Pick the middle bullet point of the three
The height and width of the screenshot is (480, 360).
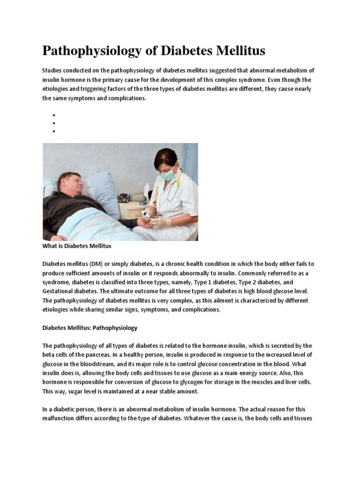pyautogui.click(x=54, y=123)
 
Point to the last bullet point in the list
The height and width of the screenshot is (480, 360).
pyautogui.click(x=54, y=131)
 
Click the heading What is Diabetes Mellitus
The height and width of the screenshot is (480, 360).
pyautogui.click(x=77, y=246)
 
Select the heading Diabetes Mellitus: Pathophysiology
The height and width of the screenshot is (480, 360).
pyautogui.click(x=90, y=328)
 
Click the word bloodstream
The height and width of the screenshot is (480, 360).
pyautogui.click(x=112, y=364)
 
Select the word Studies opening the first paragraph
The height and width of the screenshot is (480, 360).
pyautogui.click(x=52, y=70)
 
